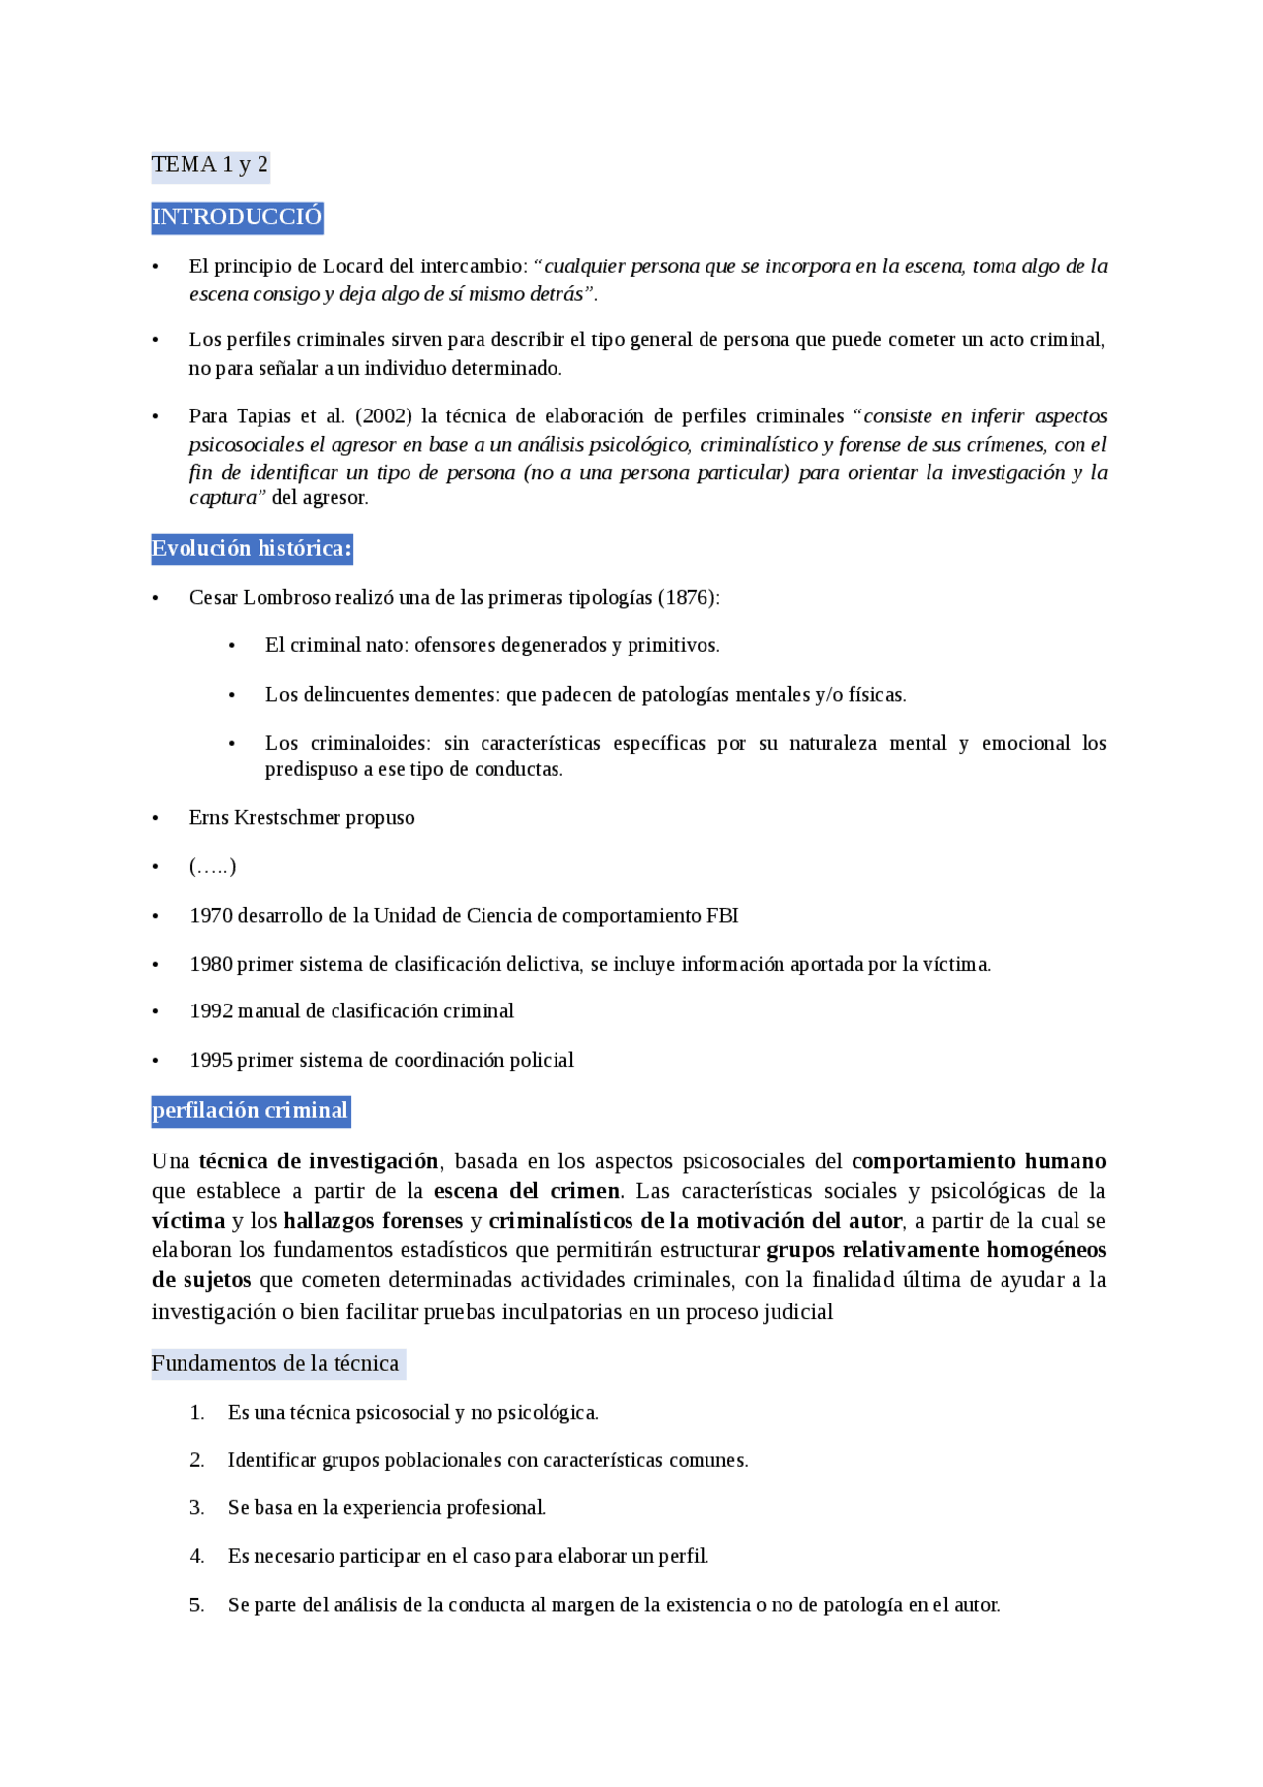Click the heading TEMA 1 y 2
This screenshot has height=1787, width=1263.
coord(209,165)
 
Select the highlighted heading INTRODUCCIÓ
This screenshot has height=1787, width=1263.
coord(237,217)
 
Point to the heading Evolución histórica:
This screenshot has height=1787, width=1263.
coord(252,549)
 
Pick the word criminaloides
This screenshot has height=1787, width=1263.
coord(371,743)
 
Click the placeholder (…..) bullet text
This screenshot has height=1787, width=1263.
coord(212,867)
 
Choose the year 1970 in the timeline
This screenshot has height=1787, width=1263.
coord(211,916)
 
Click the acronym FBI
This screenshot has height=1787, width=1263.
coord(722,916)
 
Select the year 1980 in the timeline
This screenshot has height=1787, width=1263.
coord(211,964)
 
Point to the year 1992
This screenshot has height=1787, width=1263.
coord(211,1011)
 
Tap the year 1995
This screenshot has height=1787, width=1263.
coord(211,1061)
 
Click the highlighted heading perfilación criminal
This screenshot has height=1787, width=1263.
coord(251,1111)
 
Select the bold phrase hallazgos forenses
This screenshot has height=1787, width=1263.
coord(373,1221)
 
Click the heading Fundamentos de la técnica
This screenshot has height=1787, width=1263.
coord(275,1364)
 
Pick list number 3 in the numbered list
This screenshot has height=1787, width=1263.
coord(197,1508)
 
